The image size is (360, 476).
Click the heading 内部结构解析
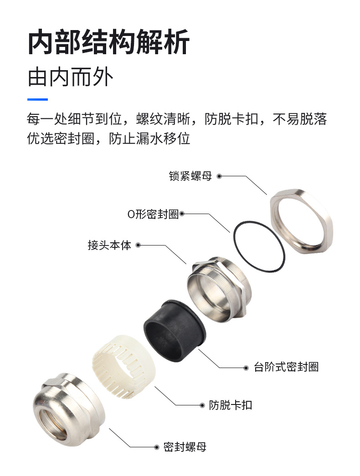coord(108,42)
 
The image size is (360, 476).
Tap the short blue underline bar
coord(37,99)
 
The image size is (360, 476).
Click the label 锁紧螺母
coord(190,176)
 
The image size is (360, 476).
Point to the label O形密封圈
coord(153,214)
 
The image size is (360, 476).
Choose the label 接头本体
coord(109,245)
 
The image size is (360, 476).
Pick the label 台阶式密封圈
coord(286,367)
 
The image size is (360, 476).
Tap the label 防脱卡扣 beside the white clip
coord(230,405)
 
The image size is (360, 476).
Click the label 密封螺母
coord(185,447)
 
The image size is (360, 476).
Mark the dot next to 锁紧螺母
coord(219,176)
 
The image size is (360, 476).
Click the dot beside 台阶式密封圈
coord(247,368)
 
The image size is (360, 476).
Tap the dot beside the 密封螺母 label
coord(156,447)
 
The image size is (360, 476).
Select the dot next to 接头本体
coord(138,245)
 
